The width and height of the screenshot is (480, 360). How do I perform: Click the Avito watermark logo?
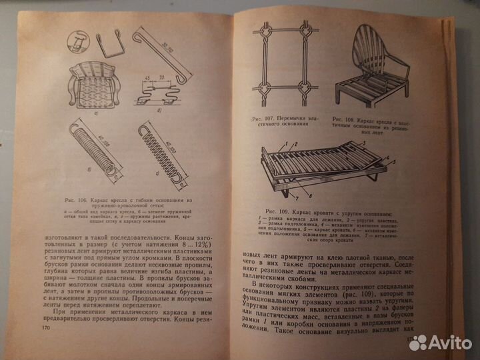point(439,343)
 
